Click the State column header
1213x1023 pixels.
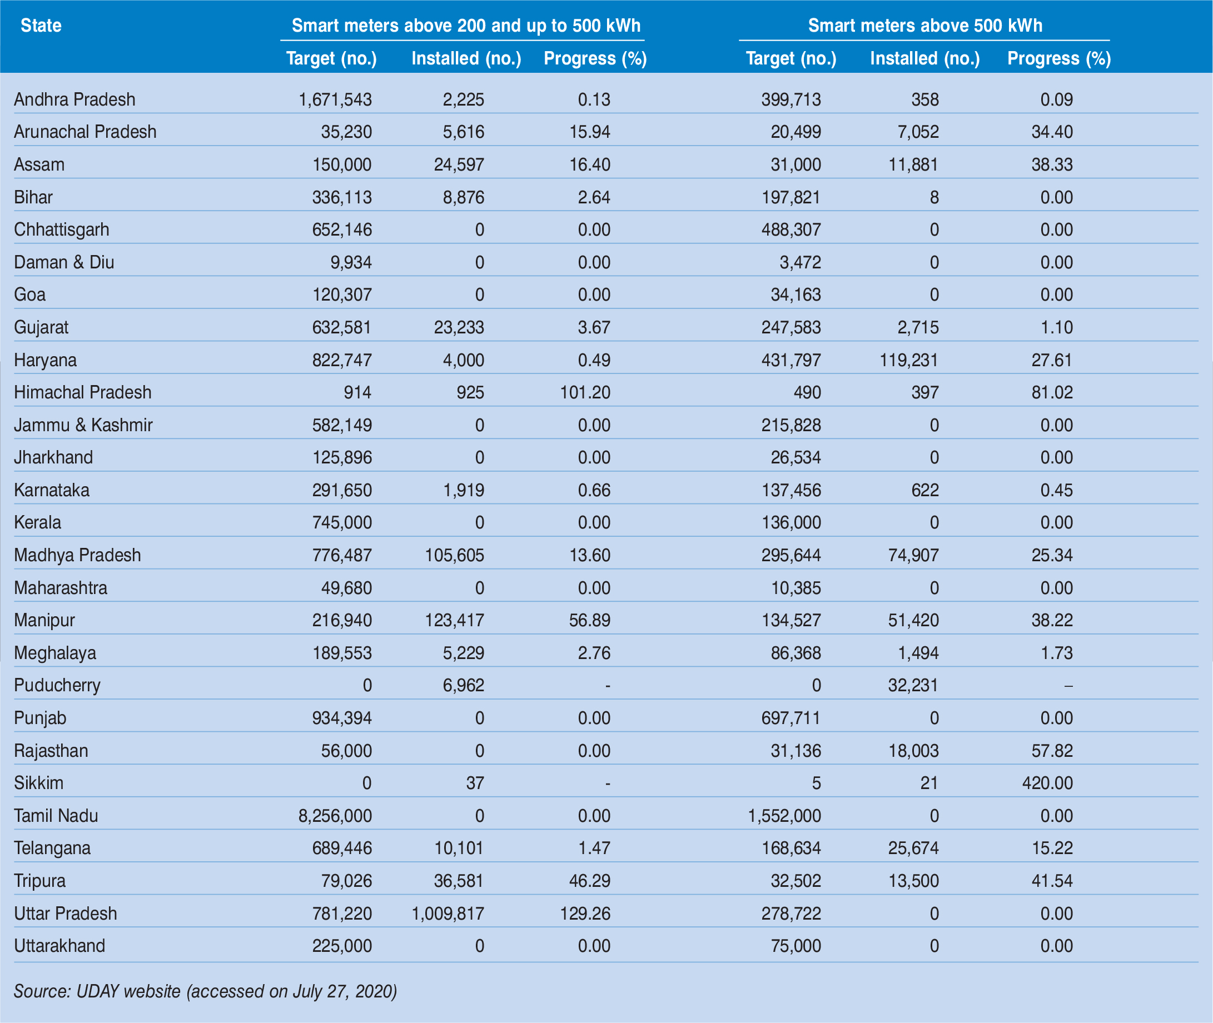pos(41,26)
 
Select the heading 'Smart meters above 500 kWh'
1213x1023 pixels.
pos(924,26)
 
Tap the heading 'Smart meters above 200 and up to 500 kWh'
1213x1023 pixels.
pos(466,26)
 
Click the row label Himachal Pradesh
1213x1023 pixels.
pos(82,393)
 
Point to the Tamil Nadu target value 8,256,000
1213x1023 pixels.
pos(335,816)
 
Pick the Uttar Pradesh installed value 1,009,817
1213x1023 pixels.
pos(448,914)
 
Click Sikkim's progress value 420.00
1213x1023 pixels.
pos(1047,784)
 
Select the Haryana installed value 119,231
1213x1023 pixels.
pos(908,360)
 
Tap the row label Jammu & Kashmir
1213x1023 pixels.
pos(83,425)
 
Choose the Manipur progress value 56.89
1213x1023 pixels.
pos(589,621)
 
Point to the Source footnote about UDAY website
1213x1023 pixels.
pos(205,991)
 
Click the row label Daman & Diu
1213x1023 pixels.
pos(64,263)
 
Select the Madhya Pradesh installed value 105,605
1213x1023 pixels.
pos(454,556)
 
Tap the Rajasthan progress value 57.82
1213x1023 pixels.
pos(1052,751)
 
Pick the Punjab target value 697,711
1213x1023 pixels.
pos(791,718)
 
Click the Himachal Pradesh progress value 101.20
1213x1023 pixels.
pos(585,393)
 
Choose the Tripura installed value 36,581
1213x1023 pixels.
pos(458,881)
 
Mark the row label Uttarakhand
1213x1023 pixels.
pos(59,946)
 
